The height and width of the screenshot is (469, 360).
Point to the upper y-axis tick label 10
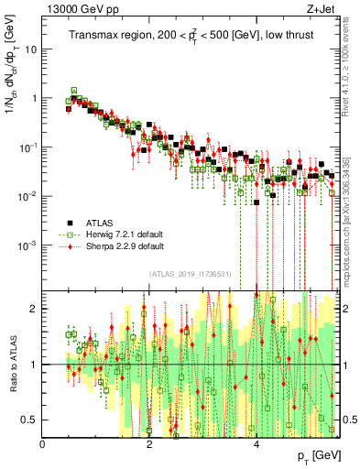tap(31, 49)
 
